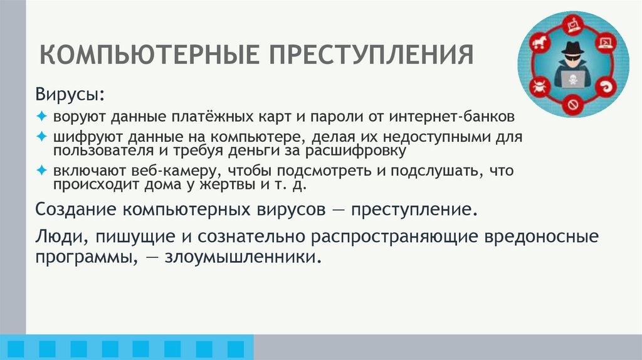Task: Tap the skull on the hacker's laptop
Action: (x=572, y=80)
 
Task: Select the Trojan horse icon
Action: (x=537, y=44)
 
